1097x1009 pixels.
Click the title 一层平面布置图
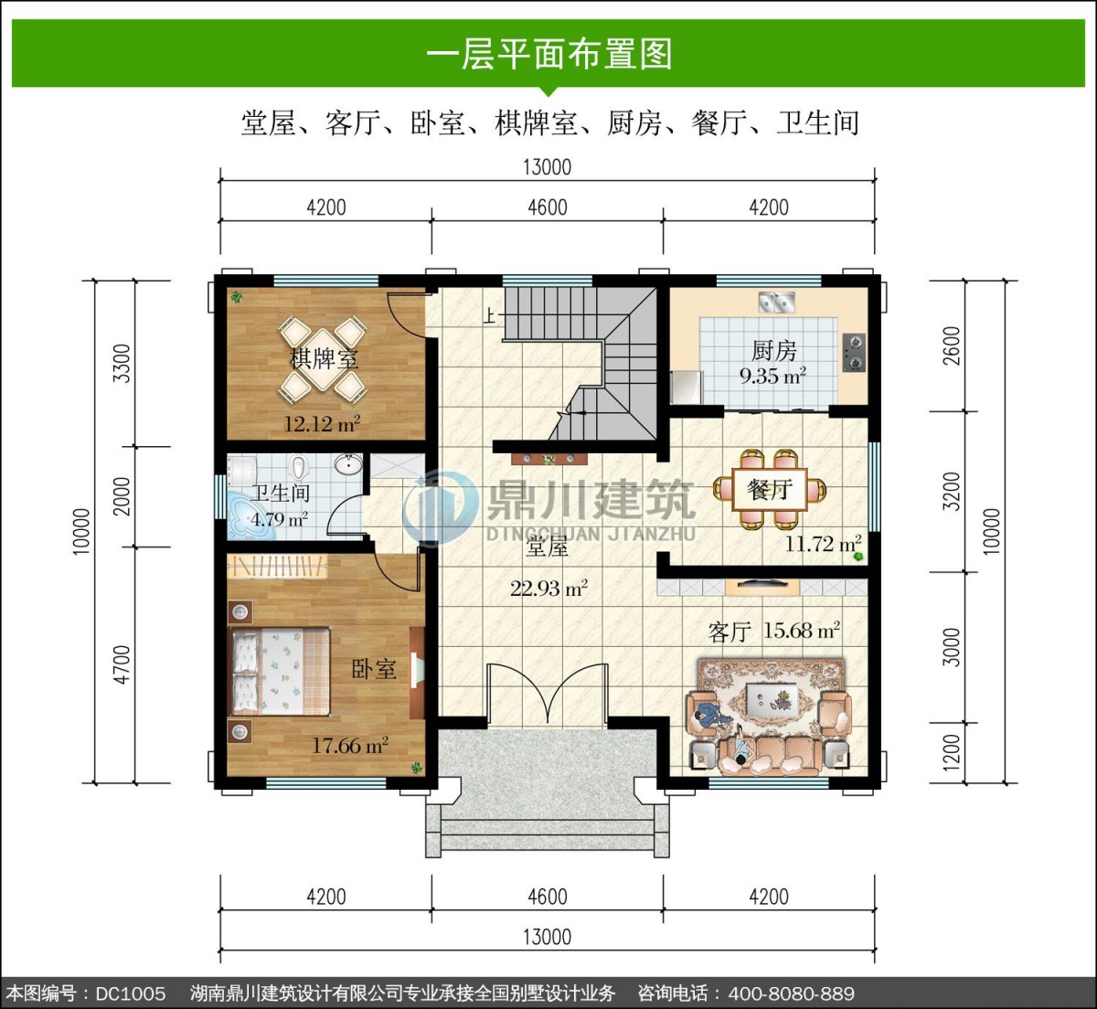(548, 54)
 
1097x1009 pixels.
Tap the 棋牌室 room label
(324, 359)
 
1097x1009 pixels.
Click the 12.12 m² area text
(322, 424)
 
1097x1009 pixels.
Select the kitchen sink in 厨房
(776, 302)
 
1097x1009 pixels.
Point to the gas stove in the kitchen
(854, 353)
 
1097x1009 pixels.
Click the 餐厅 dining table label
(770, 489)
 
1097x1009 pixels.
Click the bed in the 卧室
(279, 672)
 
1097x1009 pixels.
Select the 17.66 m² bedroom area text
(350, 745)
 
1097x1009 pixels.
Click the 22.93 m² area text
(548, 589)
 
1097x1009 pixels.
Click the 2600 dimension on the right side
(952, 345)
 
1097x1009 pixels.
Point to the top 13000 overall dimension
(548, 167)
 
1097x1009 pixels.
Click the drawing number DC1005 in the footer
(131, 993)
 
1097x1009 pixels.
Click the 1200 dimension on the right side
(952, 752)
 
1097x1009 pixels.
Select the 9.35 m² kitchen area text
(772, 377)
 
